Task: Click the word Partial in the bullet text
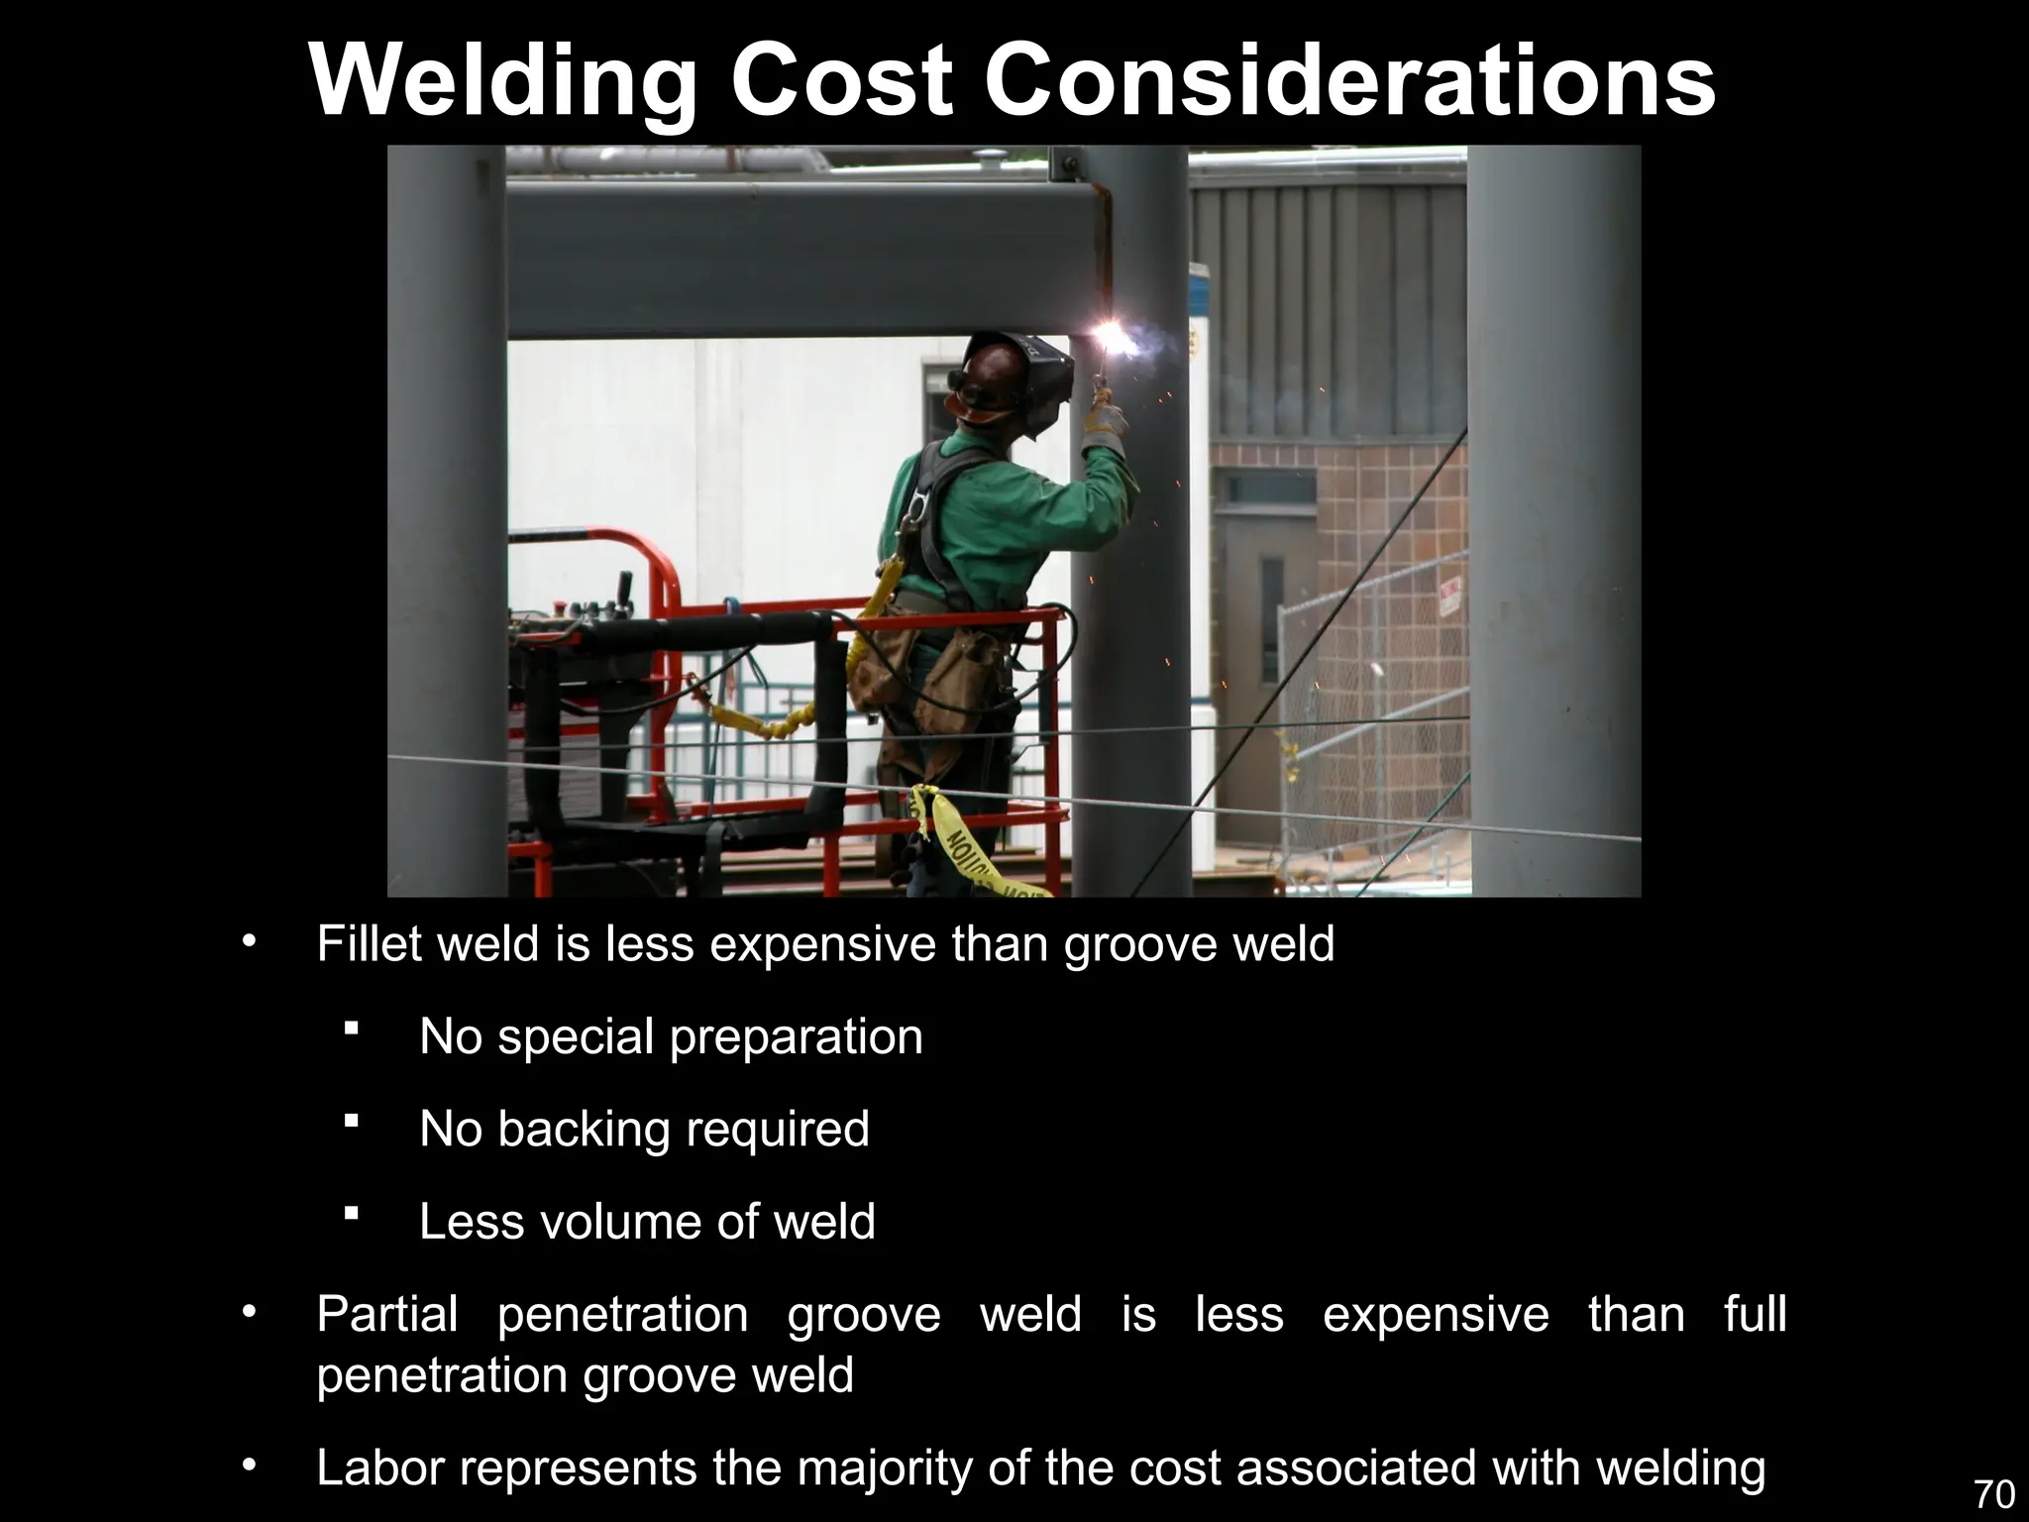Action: (387, 1315)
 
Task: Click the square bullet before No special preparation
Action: (351, 1031)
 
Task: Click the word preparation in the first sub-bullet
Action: (797, 1037)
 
